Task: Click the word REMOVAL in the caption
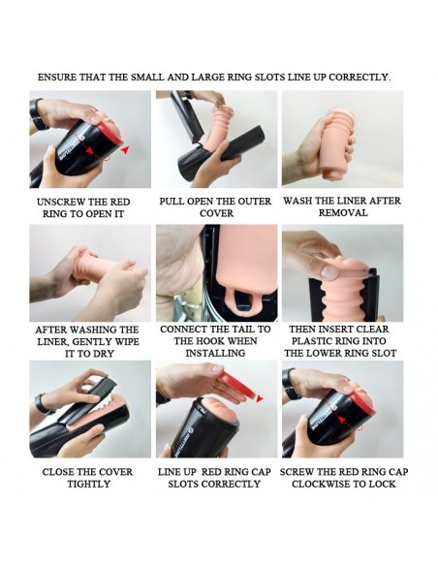(x=343, y=212)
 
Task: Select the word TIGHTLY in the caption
(x=89, y=484)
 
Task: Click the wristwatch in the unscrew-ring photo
(x=37, y=114)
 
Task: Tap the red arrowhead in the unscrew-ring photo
(x=125, y=150)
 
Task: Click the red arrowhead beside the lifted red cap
(x=260, y=398)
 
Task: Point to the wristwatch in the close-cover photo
(x=44, y=403)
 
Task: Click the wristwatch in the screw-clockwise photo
(x=291, y=384)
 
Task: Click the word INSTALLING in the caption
(x=215, y=353)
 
